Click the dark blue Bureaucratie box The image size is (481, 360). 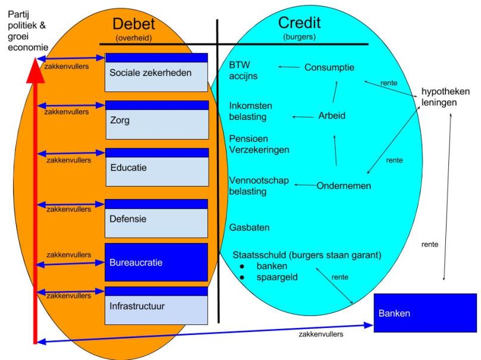(x=156, y=261)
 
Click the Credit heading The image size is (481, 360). (x=299, y=23)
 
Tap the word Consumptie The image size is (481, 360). (x=329, y=67)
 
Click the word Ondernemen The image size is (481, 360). (x=344, y=185)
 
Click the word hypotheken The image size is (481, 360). (x=445, y=91)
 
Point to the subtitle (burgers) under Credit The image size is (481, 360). (x=299, y=37)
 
